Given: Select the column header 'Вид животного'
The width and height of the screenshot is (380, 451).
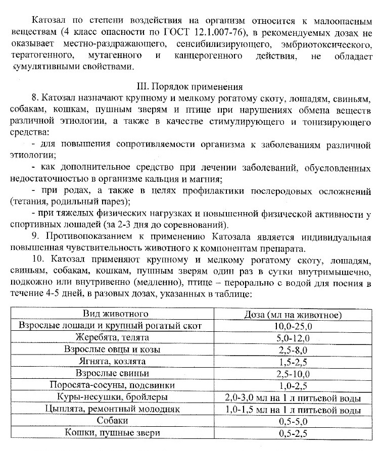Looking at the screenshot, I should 111,314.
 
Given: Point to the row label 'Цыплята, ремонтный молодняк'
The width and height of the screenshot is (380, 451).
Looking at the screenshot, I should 111,409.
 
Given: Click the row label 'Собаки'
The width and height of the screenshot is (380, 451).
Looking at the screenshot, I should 111,421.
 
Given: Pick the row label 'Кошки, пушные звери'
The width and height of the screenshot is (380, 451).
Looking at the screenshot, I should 111,433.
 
